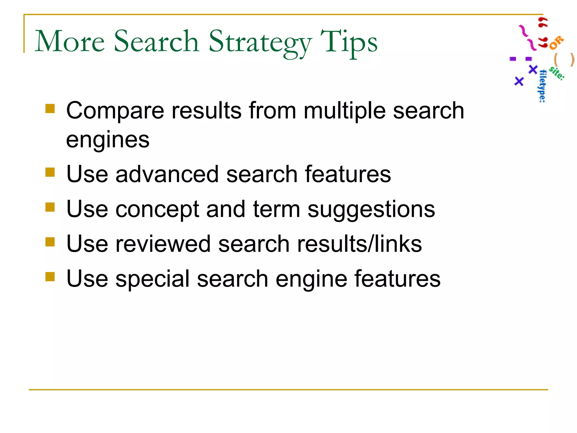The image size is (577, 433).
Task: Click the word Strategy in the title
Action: point(260,42)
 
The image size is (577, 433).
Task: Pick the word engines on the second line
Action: point(108,140)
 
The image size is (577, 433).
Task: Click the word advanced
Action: point(167,174)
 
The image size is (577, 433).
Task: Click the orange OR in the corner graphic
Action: point(556,43)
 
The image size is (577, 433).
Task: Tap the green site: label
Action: point(556,73)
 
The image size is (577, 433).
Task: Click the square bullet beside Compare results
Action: point(50,109)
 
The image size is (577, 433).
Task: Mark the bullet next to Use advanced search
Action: point(50,172)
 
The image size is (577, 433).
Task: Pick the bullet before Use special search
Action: point(50,277)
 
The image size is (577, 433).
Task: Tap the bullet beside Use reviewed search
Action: point(50,242)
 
